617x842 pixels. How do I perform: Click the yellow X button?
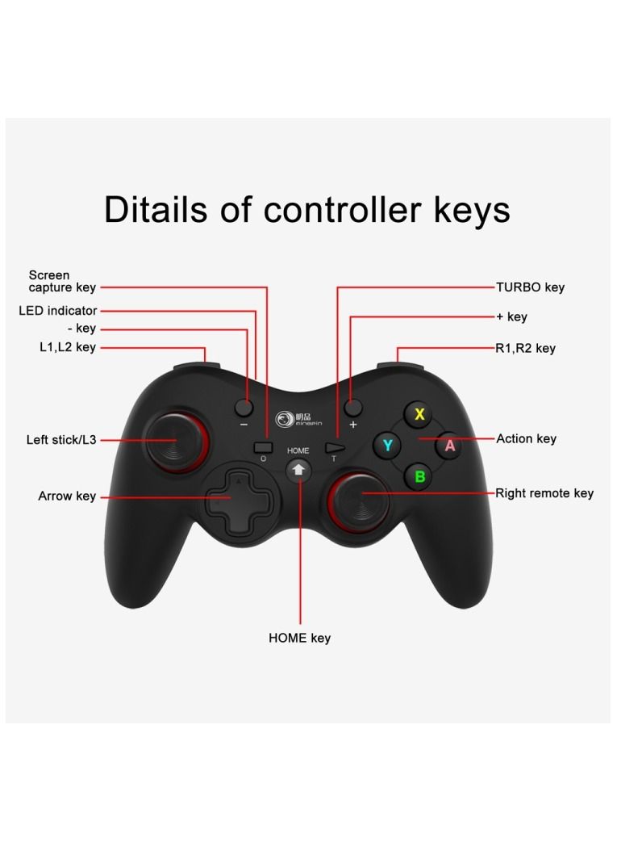pos(419,414)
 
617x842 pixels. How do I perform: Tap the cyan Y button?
pos(387,445)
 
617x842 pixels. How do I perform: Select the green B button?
pos(419,476)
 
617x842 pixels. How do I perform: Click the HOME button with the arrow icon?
pos(298,470)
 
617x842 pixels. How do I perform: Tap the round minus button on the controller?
pos(244,408)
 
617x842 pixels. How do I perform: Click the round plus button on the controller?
pos(352,408)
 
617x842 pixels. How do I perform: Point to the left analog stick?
pos(176,440)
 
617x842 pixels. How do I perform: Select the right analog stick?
pos(358,501)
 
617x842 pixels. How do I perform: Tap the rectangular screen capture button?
pos(263,447)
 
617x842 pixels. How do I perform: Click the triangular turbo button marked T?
pos(335,448)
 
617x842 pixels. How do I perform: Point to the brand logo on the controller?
pos(298,419)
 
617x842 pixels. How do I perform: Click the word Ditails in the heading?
pos(156,209)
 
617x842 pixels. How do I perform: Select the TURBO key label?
pos(530,287)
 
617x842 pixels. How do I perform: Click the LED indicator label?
pos(58,310)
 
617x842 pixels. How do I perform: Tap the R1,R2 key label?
pos(525,348)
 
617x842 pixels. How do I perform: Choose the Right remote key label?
pos(544,493)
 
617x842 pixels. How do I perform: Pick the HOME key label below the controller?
pos(299,638)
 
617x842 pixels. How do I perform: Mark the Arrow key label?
pos(67,496)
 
